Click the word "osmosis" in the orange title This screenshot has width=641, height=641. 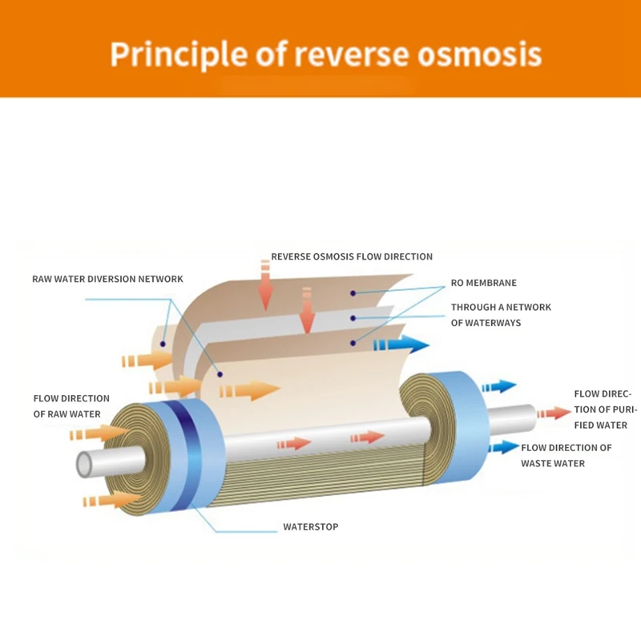point(479,54)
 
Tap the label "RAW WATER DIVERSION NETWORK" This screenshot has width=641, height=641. point(108,279)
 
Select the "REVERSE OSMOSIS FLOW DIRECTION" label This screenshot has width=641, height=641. point(352,256)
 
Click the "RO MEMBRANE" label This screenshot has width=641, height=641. point(484,283)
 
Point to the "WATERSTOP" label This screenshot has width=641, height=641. point(311,526)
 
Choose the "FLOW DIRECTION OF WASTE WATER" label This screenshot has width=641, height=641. point(566,455)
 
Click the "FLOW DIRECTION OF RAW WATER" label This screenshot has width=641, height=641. point(71,406)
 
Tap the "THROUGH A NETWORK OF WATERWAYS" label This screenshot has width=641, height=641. point(502,315)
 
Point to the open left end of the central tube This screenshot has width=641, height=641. point(85,465)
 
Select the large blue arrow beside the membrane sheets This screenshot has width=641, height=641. point(401,345)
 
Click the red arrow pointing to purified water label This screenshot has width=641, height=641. point(554,413)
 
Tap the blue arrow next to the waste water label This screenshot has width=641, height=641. point(504,447)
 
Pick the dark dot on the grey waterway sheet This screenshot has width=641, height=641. point(353,318)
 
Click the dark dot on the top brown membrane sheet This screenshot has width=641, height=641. point(353,293)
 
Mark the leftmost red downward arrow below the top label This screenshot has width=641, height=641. point(266,285)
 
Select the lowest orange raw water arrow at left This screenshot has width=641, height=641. point(111,499)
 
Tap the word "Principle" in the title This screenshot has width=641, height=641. point(179,54)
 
